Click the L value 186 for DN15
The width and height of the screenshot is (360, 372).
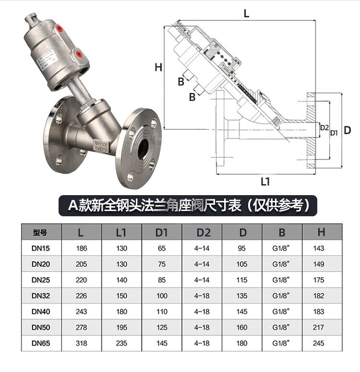[x=82, y=248]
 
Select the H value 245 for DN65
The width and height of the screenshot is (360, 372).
[x=319, y=344]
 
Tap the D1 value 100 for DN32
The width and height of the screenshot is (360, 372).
[x=161, y=296]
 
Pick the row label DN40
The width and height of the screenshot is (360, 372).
[x=41, y=312]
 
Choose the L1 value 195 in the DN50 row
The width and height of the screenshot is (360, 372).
[x=121, y=328]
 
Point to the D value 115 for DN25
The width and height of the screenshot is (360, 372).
[x=242, y=280]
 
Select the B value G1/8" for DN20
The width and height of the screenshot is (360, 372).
[x=282, y=264]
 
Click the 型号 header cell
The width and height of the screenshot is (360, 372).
[x=41, y=233]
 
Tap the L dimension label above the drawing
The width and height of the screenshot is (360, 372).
[x=247, y=14]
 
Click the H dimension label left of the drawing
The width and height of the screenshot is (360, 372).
[x=158, y=68]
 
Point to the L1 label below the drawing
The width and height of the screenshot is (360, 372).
[x=265, y=181]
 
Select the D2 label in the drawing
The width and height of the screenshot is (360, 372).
[x=324, y=128]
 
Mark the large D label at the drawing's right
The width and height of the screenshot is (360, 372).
[x=348, y=130]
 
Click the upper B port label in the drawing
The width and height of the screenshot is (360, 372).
[x=181, y=82]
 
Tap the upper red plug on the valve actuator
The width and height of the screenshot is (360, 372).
[x=60, y=28]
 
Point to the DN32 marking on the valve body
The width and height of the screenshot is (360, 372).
[x=100, y=143]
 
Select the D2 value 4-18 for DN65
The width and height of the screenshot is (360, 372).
[x=202, y=344]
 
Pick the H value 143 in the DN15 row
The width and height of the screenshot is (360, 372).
[x=319, y=248]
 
